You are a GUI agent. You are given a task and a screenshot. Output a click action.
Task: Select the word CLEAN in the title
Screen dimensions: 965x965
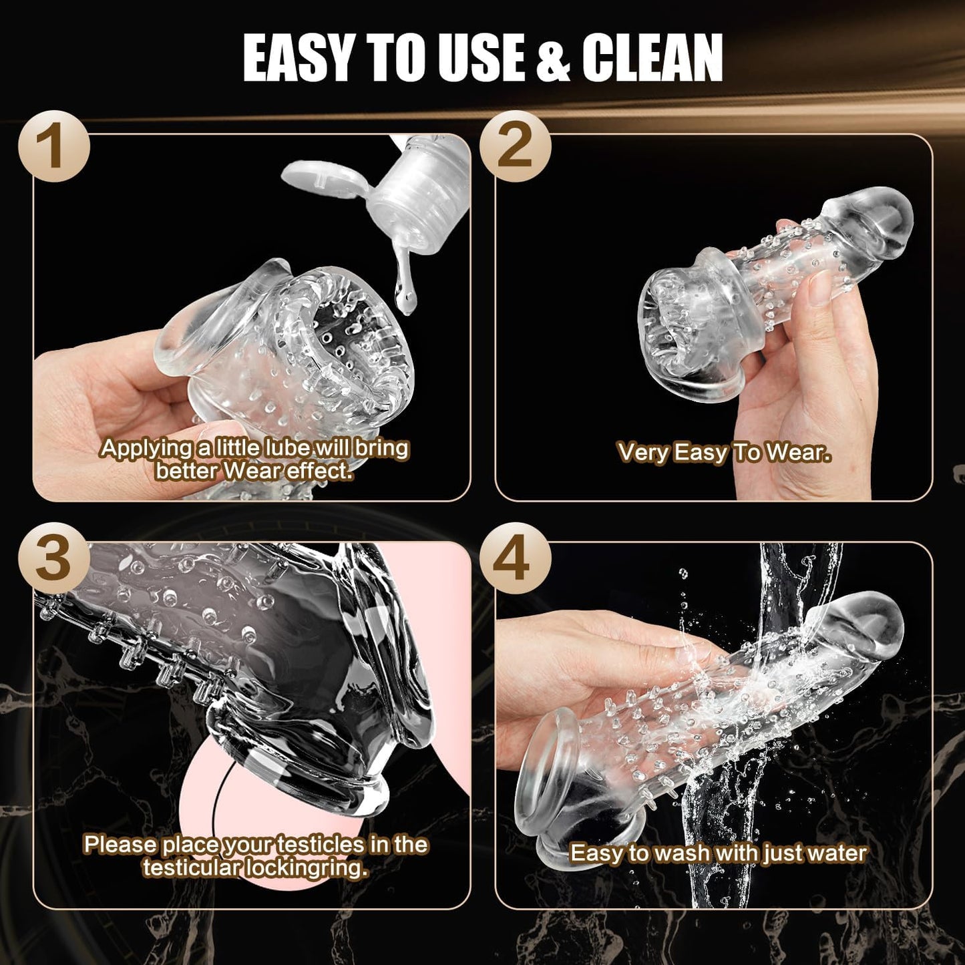tap(652, 58)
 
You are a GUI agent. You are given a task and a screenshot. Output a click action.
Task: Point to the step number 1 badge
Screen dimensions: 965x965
tap(53, 146)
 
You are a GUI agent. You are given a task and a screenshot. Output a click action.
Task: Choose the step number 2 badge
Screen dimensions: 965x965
tap(515, 146)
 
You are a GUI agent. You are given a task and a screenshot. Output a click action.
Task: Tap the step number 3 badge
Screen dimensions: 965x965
tap(53, 558)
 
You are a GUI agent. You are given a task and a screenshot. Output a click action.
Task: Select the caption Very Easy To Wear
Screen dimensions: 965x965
tap(724, 453)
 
